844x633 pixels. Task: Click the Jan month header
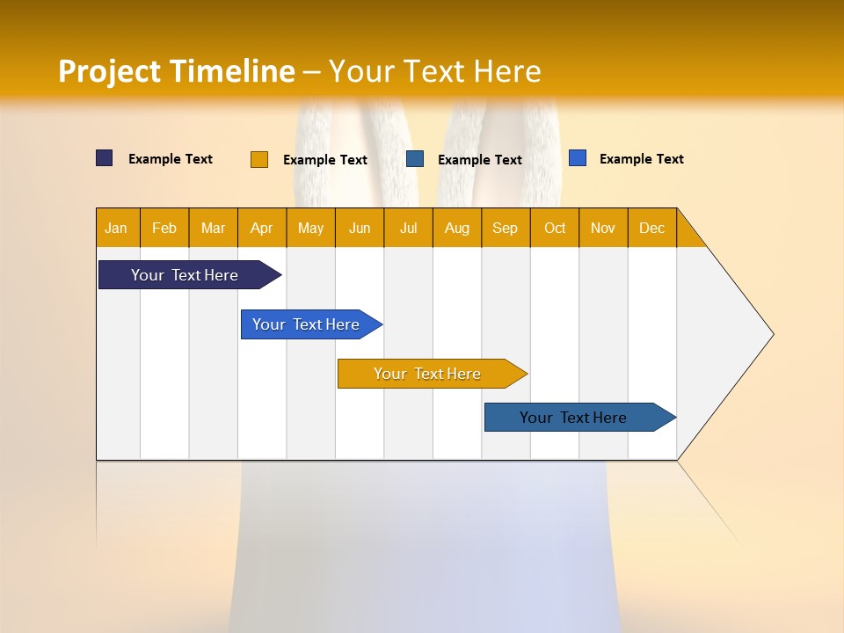click(x=116, y=228)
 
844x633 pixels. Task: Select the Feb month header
click(x=164, y=228)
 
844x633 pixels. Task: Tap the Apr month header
click(x=261, y=228)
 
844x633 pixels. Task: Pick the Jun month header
click(x=360, y=228)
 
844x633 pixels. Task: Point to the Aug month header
click(x=456, y=228)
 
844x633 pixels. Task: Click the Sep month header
click(x=505, y=228)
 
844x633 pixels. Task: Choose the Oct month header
click(x=555, y=228)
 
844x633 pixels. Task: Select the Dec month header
click(x=651, y=228)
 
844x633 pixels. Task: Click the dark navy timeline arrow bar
click(x=185, y=275)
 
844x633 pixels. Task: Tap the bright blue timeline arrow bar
click(x=306, y=324)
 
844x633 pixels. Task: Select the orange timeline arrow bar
click(x=427, y=374)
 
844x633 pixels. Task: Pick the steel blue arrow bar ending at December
click(x=573, y=418)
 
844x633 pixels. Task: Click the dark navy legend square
click(x=105, y=158)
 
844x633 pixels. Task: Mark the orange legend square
click(x=259, y=159)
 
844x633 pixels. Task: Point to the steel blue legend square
click(x=415, y=159)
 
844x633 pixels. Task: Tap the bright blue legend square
click(x=578, y=158)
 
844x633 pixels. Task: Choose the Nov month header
click(x=603, y=228)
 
